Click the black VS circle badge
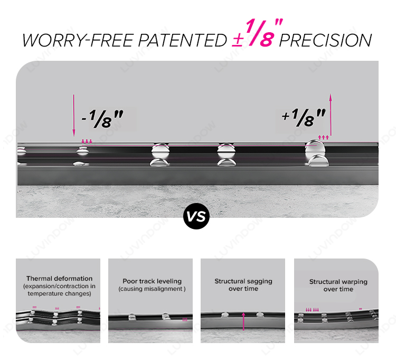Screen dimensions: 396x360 coord(196,216)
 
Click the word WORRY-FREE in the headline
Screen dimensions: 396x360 coord(78,41)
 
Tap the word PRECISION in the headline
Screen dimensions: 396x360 coord(325,41)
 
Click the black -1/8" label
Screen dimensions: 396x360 coord(102,118)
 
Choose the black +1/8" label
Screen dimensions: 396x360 coord(303,117)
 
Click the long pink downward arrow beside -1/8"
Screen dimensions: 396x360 coord(74,116)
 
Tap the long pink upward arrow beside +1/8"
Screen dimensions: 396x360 coord(331,115)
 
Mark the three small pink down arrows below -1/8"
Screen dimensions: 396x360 coord(87,141)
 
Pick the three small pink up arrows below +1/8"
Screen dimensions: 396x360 coord(324,137)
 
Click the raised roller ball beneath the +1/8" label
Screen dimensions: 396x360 coord(315,150)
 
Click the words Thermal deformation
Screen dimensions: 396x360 coord(59,279)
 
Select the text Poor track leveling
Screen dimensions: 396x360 coord(152,281)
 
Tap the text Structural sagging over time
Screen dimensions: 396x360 coord(243,285)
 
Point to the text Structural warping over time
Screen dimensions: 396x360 coord(338,285)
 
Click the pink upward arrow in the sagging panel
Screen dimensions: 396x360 coord(243,321)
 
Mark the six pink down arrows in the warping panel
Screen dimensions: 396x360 coord(312,310)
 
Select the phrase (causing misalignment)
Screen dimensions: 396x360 coord(152,289)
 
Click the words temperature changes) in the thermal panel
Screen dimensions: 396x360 coord(59,293)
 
